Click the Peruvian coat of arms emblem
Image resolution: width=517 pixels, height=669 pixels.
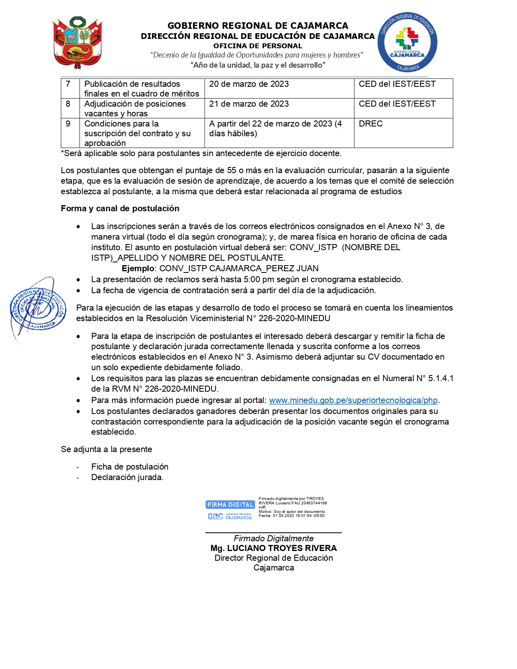[78, 43]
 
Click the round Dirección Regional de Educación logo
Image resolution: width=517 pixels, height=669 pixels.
[407, 43]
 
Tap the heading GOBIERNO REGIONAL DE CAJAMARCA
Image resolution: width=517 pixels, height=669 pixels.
[258, 26]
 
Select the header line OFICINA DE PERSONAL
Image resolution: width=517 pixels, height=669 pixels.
[258, 46]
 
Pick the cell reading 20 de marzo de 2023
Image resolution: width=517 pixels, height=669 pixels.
[249, 84]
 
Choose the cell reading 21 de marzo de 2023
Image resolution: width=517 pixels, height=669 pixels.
[249, 104]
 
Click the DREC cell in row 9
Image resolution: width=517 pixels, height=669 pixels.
[371, 124]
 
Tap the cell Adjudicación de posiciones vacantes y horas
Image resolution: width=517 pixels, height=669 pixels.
[135, 109]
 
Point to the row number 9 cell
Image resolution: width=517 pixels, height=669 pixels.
[68, 124]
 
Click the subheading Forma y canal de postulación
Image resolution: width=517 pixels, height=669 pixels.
[120, 208]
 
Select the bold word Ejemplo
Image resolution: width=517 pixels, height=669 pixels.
[138, 268]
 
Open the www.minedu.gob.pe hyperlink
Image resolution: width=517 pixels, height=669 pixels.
[353, 400]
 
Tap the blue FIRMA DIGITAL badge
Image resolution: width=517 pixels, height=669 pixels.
[230, 505]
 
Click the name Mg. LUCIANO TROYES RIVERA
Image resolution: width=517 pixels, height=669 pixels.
[274, 548]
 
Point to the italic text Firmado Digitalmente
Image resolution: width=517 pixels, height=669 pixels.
[274, 538]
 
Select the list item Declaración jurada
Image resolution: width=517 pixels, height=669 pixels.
[127, 477]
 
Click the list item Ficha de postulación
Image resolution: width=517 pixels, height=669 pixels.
[130, 467]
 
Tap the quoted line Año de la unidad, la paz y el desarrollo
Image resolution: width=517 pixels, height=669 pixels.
[258, 65]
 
